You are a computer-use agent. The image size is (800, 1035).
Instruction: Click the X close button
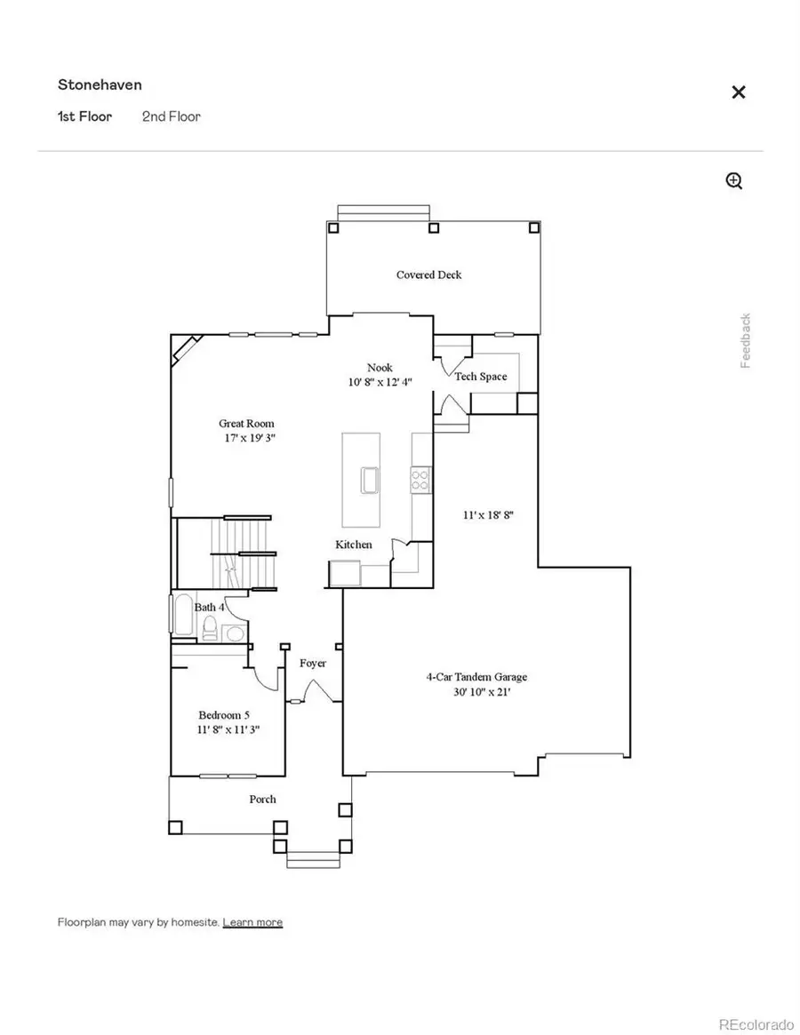738,92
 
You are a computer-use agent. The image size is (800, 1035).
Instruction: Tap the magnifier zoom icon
734,181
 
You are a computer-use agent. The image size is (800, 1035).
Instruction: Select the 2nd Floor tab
171,116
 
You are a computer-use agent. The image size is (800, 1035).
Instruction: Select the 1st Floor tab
84,116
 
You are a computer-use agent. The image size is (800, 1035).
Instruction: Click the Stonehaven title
100,85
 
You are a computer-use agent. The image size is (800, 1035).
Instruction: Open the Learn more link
252,922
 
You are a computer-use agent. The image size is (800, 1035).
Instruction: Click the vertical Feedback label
746,340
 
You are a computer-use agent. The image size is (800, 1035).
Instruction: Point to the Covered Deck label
428,275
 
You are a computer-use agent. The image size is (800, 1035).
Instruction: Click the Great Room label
246,424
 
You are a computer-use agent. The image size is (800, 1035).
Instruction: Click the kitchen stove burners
420,480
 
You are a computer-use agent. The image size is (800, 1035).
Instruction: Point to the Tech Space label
480,377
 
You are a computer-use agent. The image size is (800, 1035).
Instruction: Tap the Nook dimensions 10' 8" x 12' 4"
380,383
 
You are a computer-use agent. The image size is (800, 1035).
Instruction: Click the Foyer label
312,663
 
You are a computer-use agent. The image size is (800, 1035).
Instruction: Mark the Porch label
262,799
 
